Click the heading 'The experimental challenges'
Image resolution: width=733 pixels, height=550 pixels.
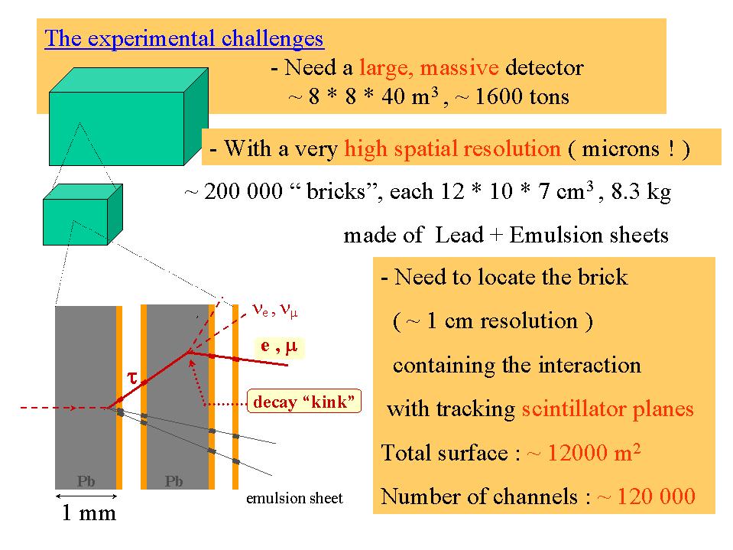184,39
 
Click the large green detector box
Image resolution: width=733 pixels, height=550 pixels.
128,116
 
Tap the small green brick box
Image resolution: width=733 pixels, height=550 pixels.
83,214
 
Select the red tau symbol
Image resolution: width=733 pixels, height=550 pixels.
132,377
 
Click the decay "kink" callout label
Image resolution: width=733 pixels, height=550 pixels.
304,401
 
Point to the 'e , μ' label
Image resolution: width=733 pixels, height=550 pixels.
279,347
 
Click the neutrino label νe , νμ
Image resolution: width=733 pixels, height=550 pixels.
275,310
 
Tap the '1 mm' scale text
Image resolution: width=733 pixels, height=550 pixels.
89,513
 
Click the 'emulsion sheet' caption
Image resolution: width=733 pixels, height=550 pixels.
294,498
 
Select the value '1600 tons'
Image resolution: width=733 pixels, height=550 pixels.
522,97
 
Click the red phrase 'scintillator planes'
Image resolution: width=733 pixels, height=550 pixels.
608,408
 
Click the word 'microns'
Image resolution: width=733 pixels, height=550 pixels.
621,148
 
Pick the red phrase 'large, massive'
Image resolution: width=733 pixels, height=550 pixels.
429,68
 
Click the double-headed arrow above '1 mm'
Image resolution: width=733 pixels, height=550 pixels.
86,496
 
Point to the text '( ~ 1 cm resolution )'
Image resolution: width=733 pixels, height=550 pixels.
493,321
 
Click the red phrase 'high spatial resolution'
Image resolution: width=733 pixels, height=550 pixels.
452,148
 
